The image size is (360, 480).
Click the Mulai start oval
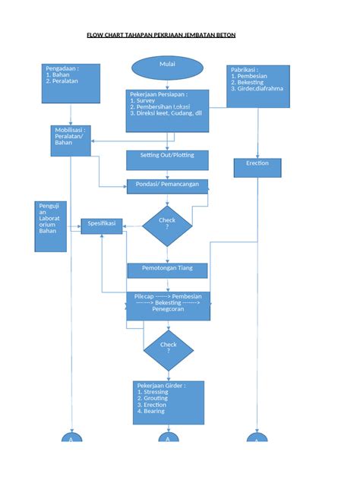[x=167, y=66]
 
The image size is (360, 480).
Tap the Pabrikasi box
[x=258, y=85]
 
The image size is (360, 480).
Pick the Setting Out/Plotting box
[x=167, y=159]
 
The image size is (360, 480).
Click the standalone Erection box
[x=257, y=167]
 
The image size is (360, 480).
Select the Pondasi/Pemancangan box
[x=167, y=186]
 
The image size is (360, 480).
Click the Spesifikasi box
[x=103, y=226]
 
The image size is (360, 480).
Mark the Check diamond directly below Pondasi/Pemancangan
[x=168, y=225]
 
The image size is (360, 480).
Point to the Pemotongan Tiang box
[x=167, y=270]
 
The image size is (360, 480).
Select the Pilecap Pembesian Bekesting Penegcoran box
[x=168, y=305]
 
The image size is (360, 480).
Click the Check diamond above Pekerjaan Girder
[x=168, y=349]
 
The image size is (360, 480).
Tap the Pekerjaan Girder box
[x=168, y=403]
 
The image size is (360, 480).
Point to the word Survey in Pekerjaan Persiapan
[x=145, y=99]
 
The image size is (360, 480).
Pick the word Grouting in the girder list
[x=156, y=399]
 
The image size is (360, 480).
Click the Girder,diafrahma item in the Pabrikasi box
[x=259, y=89]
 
